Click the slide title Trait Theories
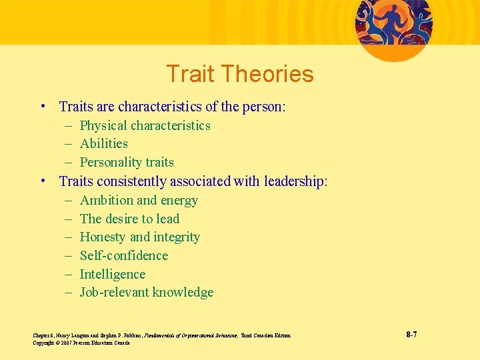pyautogui.click(x=240, y=74)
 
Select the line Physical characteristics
pyautogui.click(x=145, y=125)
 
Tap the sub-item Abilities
pyautogui.click(x=103, y=143)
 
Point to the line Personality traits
pyautogui.click(x=127, y=162)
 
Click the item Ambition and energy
pyautogui.click(x=139, y=200)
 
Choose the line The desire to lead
pyautogui.click(x=129, y=219)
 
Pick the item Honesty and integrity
pyautogui.click(x=139, y=237)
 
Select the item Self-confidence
pyautogui.click(x=123, y=255)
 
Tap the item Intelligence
pyautogui.click(x=112, y=274)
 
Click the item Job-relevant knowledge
pyautogui.click(x=147, y=292)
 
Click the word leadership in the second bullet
pyautogui.click(x=295, y=181)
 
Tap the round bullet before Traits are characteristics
pyautogui.click(x=43, y=107)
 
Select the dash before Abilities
pyautogui.click(x=69, y=144)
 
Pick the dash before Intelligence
pyautogui.click(x=69, y=275)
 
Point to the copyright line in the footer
pyautogui.click(x=81, y=343)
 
